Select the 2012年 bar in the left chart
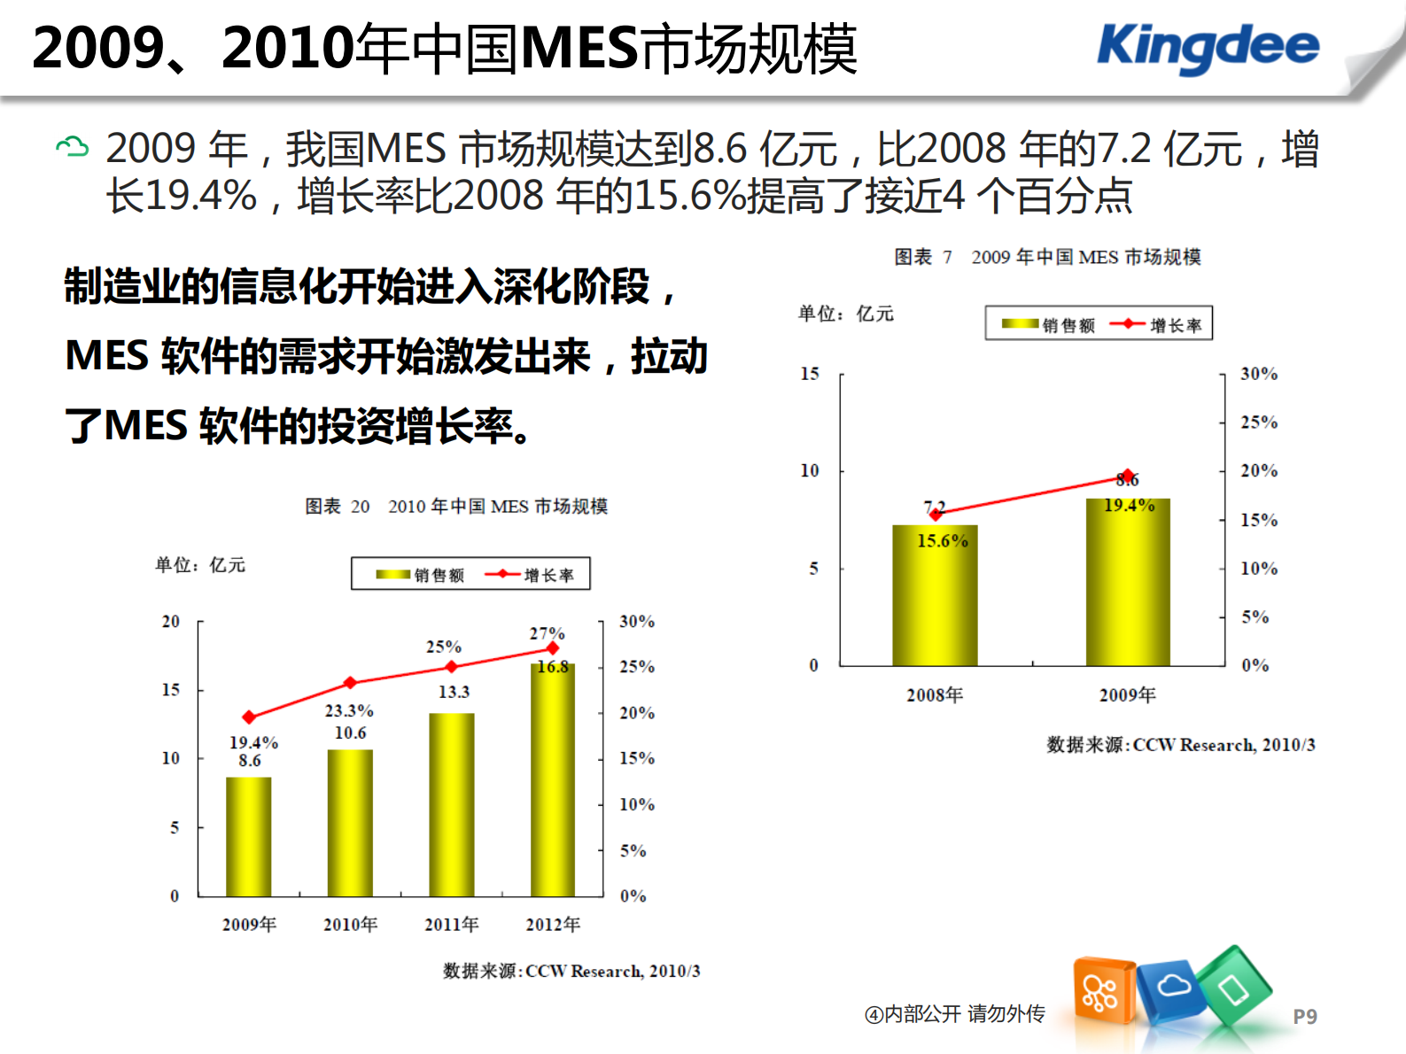click(553, 779)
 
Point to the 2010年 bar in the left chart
click(350, 823)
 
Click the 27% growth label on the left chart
click(547, 633)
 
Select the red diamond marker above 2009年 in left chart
click(249, 717)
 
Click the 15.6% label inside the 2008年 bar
click(942, 540)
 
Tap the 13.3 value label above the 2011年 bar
click(454, 692)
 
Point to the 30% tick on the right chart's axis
click(1258, 374)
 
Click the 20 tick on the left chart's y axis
click(171, 622)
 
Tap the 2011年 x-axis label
click(451, 925)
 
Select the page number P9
click(1304, 1016)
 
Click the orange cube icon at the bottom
click(1103, 990)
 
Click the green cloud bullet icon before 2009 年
click(72, 147)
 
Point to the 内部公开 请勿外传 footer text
click(955, 1014)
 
